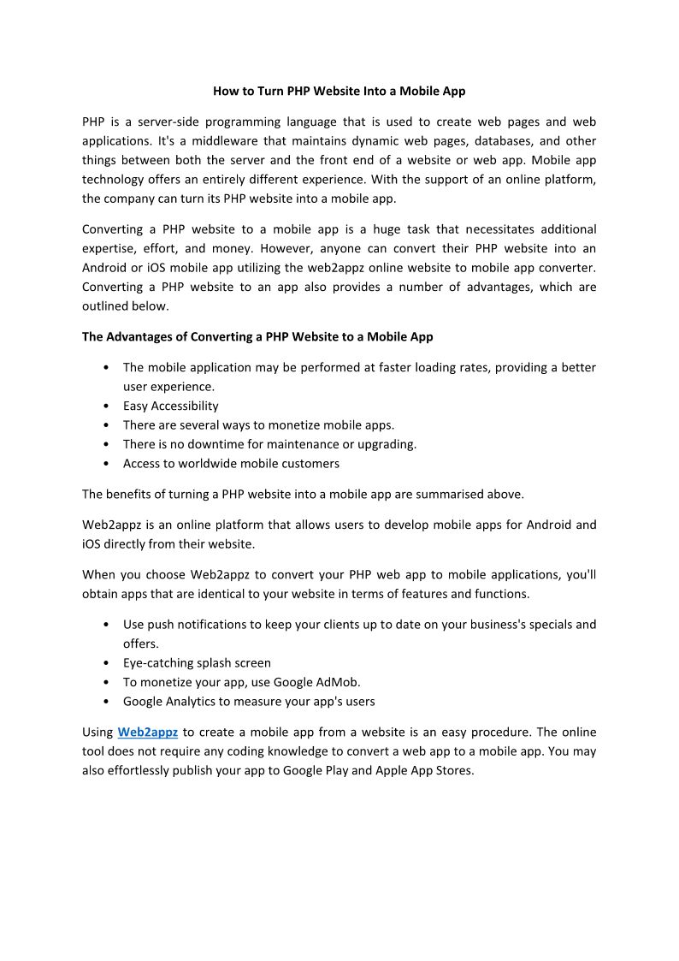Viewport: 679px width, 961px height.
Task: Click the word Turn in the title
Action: click(x=257, y=91)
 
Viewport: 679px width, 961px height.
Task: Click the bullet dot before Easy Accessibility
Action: click(x=104, y=406)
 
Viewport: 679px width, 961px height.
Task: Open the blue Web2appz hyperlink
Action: click(x=147, y=733)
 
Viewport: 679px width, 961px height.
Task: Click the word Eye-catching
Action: click(x=158, y=663)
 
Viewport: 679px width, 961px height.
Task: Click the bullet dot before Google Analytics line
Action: click(x=104, y=702)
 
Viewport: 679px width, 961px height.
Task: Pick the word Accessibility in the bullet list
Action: click(x=184, y=406)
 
